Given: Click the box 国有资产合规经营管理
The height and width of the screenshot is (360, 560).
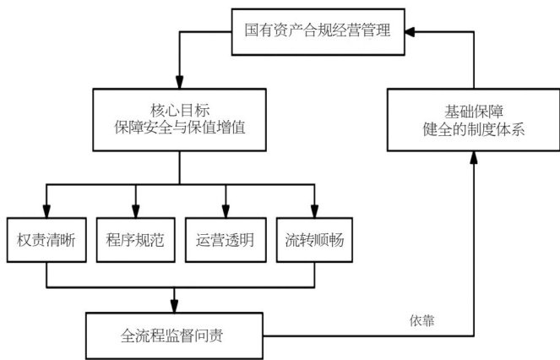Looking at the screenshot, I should (318, 31).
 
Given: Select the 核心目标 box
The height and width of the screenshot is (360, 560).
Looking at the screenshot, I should (180, 122).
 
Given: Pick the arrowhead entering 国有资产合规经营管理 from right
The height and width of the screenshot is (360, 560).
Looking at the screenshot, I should (410, 31).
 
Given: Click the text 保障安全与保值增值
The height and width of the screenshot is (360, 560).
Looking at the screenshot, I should (180, 132).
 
